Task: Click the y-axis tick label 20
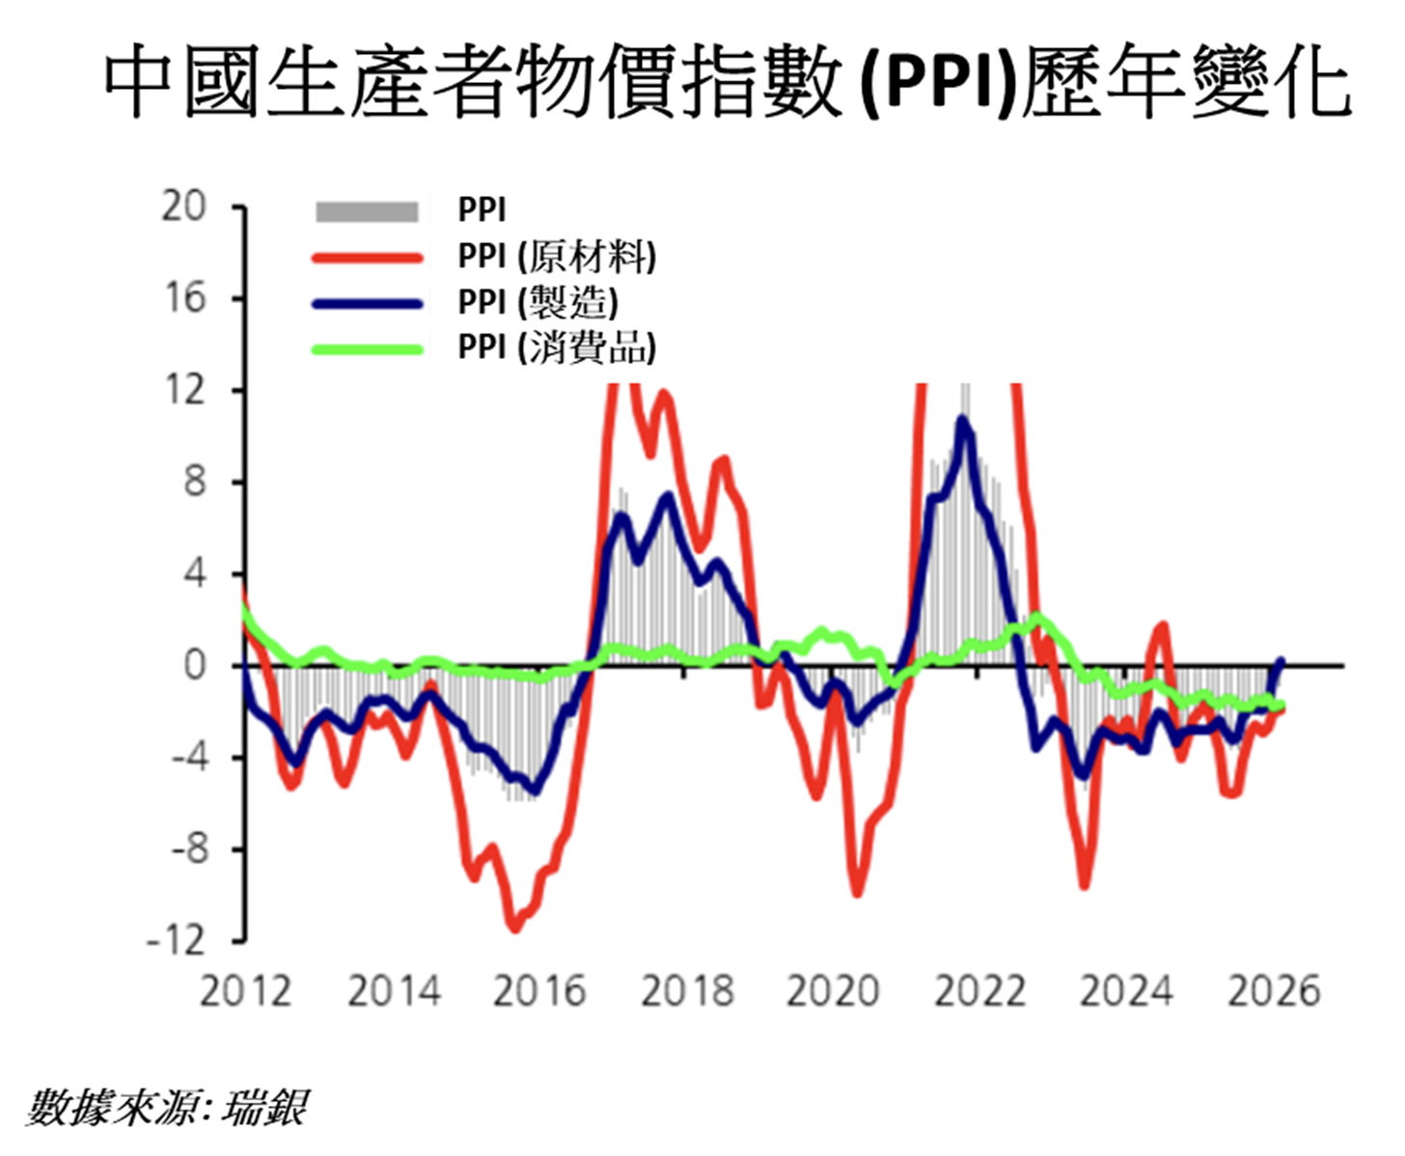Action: click(x=183, y=206)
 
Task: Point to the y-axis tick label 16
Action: click(x=183, y=298)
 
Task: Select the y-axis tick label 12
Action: click(x=183, y=390)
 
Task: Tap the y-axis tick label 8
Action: click(x=194, y=482)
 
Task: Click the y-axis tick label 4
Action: click(x=194, y=574)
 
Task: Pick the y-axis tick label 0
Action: click(x=194, y=665)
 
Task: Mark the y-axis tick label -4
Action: click(x=188, y=757)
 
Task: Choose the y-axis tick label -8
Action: click(x=188, y=849)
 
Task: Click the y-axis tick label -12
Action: click(x=177, y=940)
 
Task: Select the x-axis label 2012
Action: click(x=245, y=991)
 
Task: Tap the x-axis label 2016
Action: click(x=538, y=991)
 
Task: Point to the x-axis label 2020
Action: click(x=833, y=991)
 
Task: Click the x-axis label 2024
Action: click(x=1126, y=991)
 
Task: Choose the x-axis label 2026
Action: click(x=1273, y=991)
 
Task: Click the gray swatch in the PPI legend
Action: click(x=367, y=210)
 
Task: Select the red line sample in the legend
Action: click(x=367, y=258)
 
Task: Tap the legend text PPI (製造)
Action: click(x=537, y=302)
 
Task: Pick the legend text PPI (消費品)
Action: click(x=557, y=347)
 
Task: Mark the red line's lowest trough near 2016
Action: click(x=515, y=927)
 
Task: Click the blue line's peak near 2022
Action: click(x=962, y=419)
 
